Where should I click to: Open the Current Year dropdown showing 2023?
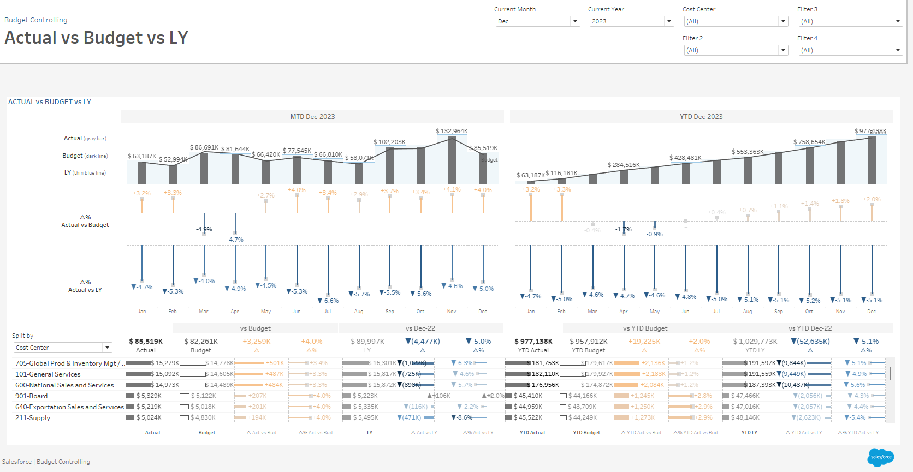coord(631,21)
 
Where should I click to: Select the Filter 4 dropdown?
coord(850,50)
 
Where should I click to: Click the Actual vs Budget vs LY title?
coord(97,38)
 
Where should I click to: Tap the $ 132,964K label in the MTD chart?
coord(452,131)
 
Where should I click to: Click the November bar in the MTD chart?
coord(452,160)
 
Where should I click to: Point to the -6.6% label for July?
coord(329,301)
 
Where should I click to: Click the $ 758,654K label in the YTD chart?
coord(809,142)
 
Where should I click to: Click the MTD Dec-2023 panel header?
coord(312,117)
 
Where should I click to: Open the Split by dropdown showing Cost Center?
coord(63,348)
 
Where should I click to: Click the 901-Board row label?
coord(32,396)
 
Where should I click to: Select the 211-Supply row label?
coord(33,418)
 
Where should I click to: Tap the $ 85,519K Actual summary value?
coord(146,342)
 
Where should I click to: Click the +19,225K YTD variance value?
coord(644,342)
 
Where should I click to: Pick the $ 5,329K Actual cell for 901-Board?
coord(149,396)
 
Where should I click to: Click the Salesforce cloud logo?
coord(880,457)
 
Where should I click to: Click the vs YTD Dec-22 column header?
coord(810,328)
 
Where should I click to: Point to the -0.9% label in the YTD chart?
coord(655,234)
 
